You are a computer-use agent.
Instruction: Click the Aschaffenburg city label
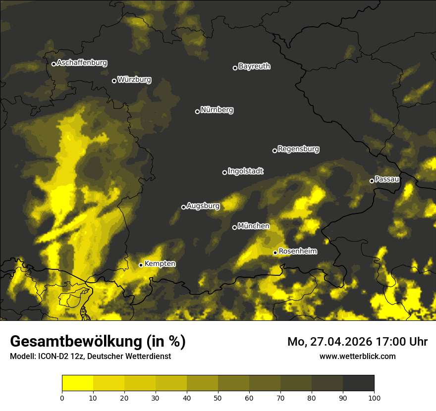pos(82,63)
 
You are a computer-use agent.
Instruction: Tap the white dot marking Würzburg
pos(114,81)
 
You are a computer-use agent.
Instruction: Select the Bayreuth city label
pos(254,66)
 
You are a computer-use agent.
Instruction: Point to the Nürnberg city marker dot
pos(197,111)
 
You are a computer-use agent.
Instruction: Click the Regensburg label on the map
pos(298,149)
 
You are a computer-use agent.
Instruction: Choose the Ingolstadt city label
pos(246,171)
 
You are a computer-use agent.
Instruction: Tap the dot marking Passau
pos(372,181)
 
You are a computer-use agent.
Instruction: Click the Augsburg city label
pos(203,206)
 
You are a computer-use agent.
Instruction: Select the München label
pos(254,226)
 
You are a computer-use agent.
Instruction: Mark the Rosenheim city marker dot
pos(275,253)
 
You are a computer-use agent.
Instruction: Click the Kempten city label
pos(160,264)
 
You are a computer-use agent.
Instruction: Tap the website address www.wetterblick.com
pos(358,356)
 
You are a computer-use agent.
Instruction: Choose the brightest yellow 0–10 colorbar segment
pos(77,383)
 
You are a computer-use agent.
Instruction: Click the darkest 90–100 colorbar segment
pos(358,383)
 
